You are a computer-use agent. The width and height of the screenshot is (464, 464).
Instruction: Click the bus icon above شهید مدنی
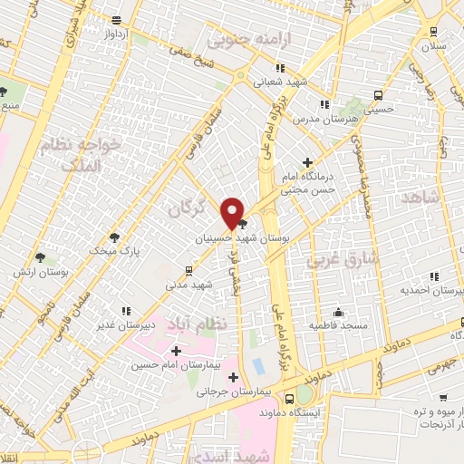(x=188, y=270)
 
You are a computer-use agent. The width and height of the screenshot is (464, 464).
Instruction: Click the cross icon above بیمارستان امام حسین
(x=176, y=350)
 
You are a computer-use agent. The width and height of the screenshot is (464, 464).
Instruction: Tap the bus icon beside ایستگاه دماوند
(x=289, y=399)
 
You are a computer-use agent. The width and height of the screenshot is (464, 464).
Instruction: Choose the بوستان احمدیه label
(x=431, y=290)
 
